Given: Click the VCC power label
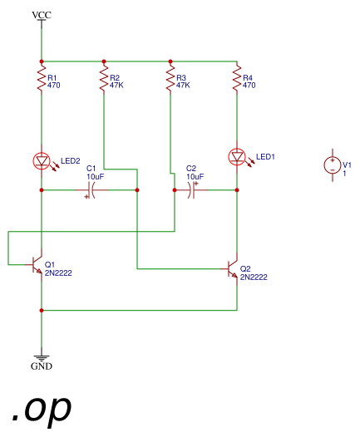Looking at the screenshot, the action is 42,15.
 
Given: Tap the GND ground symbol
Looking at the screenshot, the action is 42,359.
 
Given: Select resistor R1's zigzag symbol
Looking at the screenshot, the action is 42,78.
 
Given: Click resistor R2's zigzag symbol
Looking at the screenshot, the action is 104,78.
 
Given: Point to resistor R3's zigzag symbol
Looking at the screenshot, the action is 170,78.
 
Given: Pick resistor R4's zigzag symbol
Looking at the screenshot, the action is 237,78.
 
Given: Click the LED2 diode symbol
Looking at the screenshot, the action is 42,161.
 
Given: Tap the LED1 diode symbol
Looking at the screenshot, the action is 237,157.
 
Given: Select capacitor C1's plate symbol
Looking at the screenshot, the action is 91,190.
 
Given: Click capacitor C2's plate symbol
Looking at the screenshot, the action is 192,190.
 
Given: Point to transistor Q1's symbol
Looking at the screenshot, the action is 37,264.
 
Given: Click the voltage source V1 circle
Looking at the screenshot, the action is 333,165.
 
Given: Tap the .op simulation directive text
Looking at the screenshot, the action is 42,409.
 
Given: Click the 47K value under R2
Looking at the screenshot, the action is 116,85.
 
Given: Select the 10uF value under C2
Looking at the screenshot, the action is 195,177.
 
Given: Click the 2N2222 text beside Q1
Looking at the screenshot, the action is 58,273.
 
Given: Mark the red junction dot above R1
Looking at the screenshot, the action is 42,61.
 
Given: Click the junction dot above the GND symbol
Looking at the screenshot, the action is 42,310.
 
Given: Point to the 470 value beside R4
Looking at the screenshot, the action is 249,85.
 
